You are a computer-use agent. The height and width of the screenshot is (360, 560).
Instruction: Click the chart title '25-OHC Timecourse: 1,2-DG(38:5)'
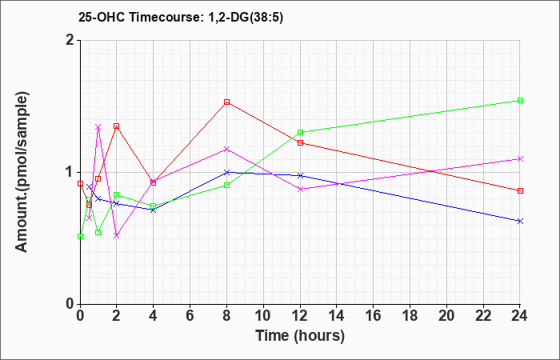[x=181, y=17]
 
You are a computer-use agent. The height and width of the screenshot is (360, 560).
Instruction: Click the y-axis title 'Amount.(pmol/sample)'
[x=22, y=172]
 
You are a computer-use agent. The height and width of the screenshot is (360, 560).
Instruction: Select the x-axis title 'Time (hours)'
[x=300, y=336]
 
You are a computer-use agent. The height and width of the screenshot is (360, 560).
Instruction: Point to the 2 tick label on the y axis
[x=70, y=40]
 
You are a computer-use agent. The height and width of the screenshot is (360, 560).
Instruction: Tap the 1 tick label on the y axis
[x=70, y=173]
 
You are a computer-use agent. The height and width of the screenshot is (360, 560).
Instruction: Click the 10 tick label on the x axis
[x=263, y=316]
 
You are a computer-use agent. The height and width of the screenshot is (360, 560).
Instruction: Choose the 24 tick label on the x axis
[x=520, y=316]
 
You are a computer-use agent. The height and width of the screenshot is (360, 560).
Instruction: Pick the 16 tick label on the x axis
[x=374, y=316]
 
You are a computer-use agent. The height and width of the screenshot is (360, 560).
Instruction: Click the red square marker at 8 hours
[x=226, y=102]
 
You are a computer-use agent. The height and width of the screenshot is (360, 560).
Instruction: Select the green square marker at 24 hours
[x=520, y=100]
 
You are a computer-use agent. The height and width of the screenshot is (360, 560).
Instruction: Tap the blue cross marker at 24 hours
[x=520, y=221]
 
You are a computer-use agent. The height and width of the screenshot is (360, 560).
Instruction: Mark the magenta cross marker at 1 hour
[x=98, y=126]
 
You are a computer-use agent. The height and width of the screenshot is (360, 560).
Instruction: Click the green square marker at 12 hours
[x=300, y=133]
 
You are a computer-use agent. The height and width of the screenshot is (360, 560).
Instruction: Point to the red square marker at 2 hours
[x=117, y=126]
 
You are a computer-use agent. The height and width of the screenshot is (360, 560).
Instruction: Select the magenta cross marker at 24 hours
[x=520, y=158]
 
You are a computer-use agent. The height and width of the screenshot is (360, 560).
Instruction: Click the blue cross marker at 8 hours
[x=226, y=172]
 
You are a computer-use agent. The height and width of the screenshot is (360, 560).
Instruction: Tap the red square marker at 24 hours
[x=520, y=190]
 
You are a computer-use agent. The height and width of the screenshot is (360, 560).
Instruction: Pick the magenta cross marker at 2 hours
[x=117, y=236]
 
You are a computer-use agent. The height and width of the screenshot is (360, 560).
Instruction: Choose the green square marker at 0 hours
[x=80, y=237]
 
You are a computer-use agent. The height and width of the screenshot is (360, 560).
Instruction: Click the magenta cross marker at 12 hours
[x=300, y=189]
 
